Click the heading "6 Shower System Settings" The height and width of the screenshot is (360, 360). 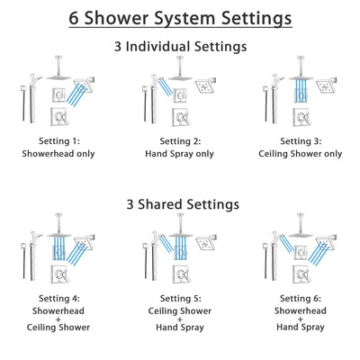pos(180,18)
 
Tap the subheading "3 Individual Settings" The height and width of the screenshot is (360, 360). pos(180,46)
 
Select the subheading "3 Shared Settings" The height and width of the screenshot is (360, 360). pos(180,203)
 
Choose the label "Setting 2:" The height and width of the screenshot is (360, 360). pos(179,140)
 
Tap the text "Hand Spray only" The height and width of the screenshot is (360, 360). pos(179,153)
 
